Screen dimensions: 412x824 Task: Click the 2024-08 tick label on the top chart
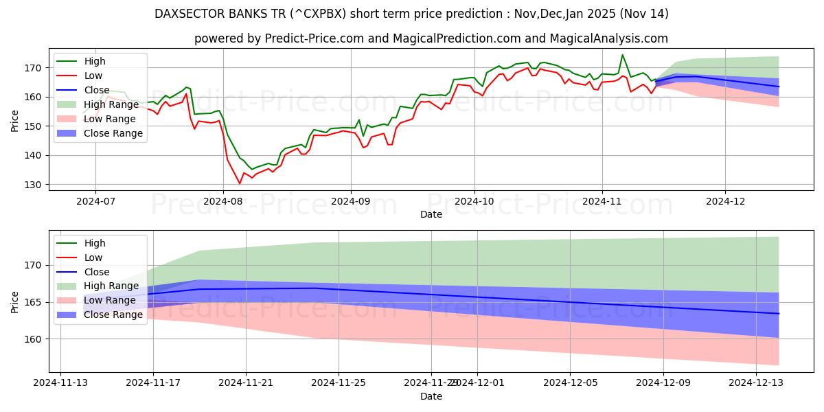pyautogui.click(x=223, y=201)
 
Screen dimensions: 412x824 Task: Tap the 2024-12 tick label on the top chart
pyautogui.click(x=725, y=201)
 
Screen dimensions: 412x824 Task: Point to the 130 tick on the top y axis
pyautogui.click(x=36, y=185)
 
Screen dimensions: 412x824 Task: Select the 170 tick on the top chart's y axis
pyautogui.click(x=36, y=68)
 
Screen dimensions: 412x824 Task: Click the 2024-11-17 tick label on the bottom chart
pyautogui.click(x=153, y=383)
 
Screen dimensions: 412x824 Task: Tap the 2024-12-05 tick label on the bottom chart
pyautogui.click(x=570, y=383)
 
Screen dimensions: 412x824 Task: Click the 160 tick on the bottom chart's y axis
pyautogui.click(x=36, y=339)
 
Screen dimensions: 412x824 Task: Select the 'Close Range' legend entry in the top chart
pyautogui.click(x=114, y=133)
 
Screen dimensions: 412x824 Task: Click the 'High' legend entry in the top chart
pyautogui.click(x=94, y=61)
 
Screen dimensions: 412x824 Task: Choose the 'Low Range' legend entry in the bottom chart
pyautogui.click(x=110, y=301)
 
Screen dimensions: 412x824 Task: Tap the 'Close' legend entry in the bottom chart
pyautogui.click(x=96, y=272)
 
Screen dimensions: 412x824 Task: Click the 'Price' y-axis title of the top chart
pyautogui.click(x=15, y=120)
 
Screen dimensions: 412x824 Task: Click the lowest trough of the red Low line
pyautogui.click(x=240, y=183)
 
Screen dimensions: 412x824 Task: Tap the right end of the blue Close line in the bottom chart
pyautogui.click(x=779, y=313)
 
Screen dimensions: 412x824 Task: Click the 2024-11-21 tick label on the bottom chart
pyautogui.click(x=246, y=383)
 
